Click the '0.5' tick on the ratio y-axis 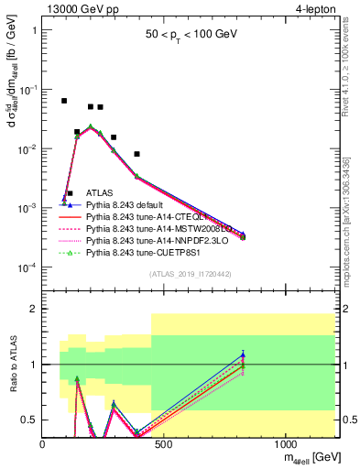pyautogui.click(x=31, y=420)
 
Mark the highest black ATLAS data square pyautogui.click(x=63, y=101)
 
